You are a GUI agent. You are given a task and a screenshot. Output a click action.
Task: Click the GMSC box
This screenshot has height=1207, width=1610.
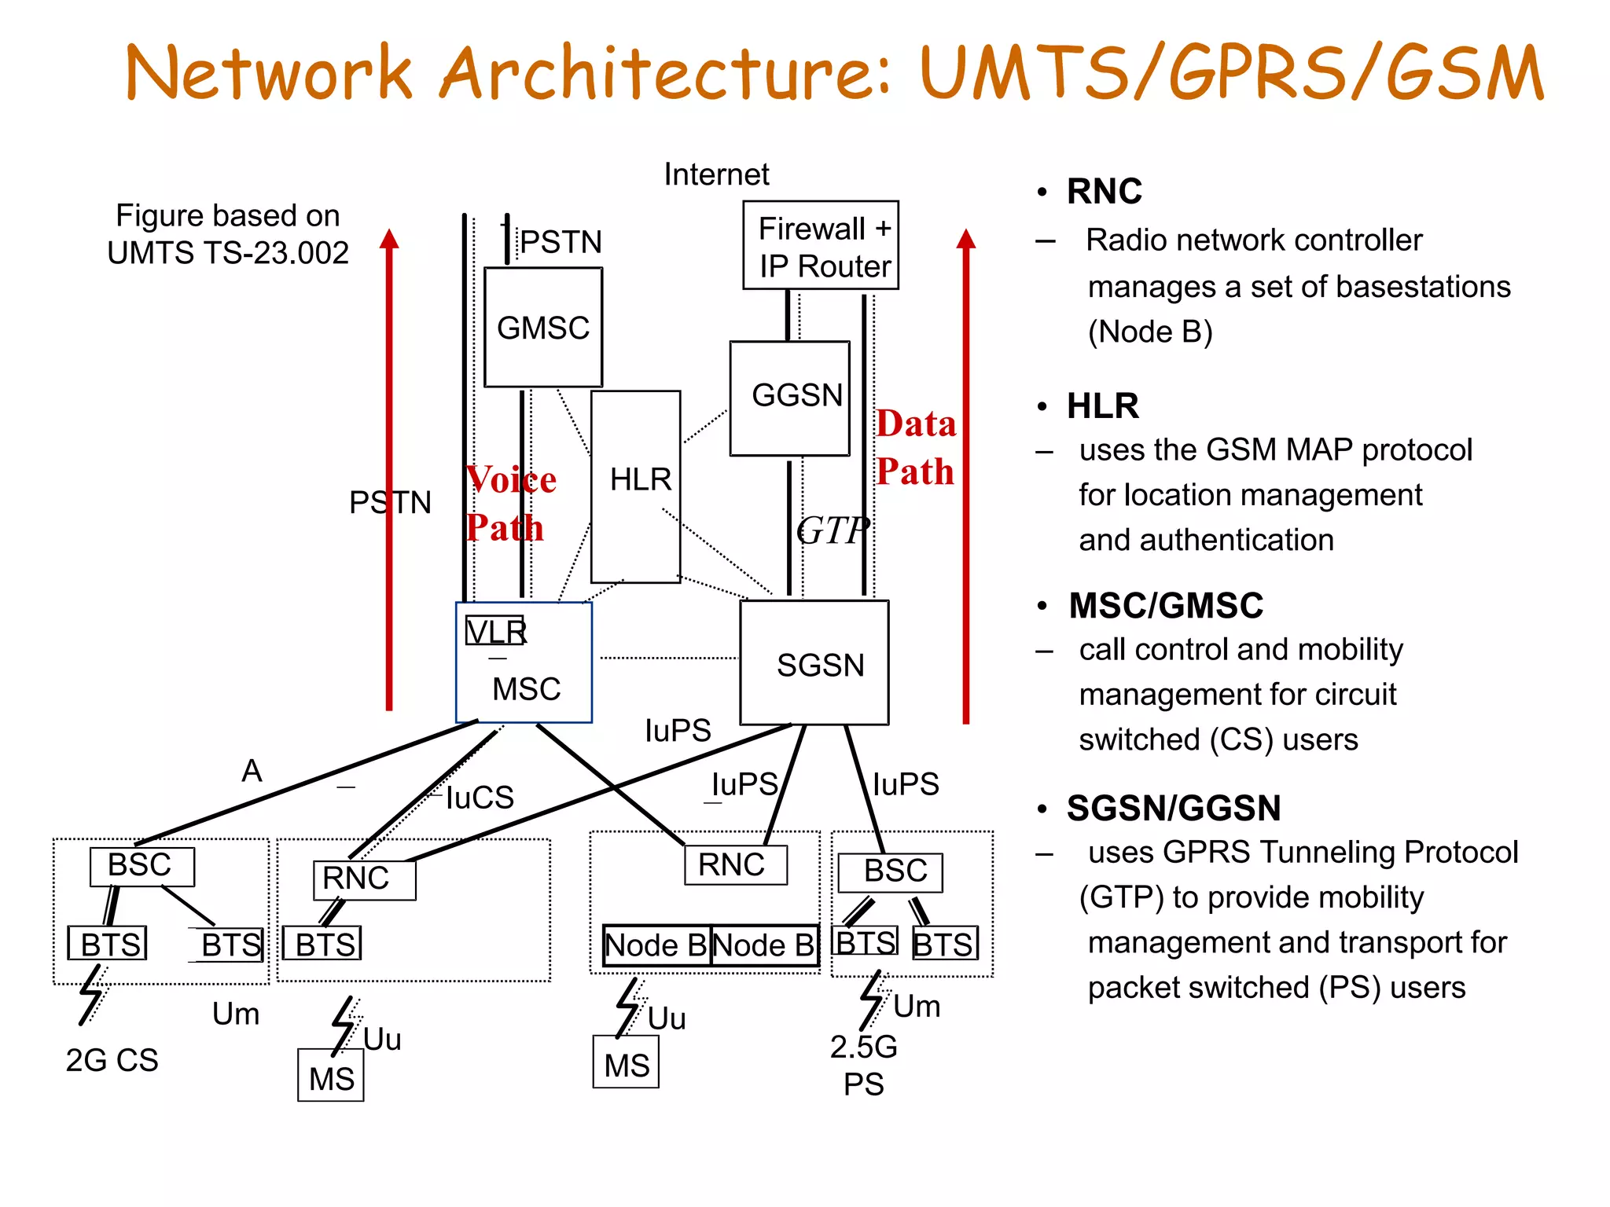coord(543,327)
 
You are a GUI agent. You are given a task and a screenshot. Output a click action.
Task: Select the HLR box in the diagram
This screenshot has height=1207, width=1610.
coord(636,486)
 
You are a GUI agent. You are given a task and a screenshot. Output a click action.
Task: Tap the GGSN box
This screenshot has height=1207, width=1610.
coord(790,398)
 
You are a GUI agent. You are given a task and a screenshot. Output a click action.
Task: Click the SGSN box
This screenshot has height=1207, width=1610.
coord(815,663)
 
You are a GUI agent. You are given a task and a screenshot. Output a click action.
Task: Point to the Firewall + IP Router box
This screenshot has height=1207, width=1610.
coord(821,246)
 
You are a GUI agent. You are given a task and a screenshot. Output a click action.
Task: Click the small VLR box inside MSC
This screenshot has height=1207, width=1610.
coord(494,631)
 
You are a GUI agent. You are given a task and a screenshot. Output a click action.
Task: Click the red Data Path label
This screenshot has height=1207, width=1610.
coord(916,447)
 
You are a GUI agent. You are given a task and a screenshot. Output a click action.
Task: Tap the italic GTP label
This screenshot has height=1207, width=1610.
coord(833,530)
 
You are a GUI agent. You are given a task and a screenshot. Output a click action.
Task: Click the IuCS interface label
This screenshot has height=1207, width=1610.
coord(480,798)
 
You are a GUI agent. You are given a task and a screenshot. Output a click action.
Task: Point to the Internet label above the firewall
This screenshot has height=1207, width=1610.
coord(716,174)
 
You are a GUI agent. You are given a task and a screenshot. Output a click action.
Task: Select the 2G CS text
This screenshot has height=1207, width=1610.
coord(112,1060)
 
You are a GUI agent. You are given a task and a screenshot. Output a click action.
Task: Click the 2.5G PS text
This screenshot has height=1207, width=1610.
coord(863,1065)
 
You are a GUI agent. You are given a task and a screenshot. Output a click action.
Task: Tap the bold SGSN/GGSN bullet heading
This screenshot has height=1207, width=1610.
coord(1173,808)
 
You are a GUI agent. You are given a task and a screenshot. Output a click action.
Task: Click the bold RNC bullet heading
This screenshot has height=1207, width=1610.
coord(1104,191)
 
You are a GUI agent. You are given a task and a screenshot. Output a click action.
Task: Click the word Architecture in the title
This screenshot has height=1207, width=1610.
coord(665,72)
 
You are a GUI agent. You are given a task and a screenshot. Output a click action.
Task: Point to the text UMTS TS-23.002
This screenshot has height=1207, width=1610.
coord(228,253)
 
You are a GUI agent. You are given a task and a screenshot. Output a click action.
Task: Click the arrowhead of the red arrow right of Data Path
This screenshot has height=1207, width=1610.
coord(966,239)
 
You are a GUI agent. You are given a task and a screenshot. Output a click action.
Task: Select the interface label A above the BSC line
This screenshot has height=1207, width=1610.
coord(252,770)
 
